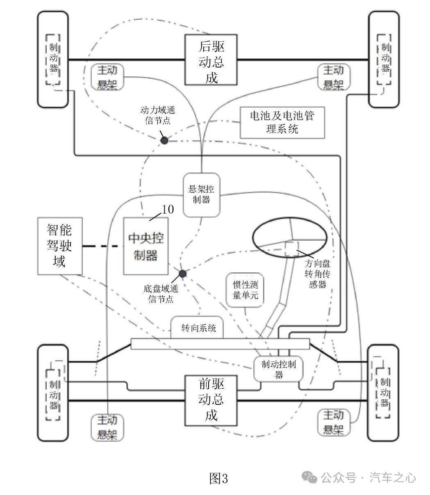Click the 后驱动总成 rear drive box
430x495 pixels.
[211, 60]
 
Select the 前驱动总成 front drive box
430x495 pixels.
[211, 400]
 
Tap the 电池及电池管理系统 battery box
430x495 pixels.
[282, 123]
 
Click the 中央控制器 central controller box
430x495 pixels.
[146, 246]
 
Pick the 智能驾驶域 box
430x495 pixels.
[60, 246]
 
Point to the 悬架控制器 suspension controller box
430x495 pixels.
[201, 195]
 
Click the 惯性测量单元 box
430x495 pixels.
[245, 290]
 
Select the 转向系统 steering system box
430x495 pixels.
[197, 328]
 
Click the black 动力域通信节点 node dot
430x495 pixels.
[164, 141]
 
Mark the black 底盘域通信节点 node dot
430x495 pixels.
[182, 274]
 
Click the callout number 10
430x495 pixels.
[168, 210]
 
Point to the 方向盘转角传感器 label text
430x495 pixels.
[317, 274]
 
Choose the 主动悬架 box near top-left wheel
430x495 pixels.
[107, 77]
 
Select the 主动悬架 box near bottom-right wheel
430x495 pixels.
[334, 423]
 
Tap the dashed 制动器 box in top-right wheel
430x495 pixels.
[384, 59]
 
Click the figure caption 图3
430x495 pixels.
[218, 478]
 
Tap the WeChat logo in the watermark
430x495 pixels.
[309, 477]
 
